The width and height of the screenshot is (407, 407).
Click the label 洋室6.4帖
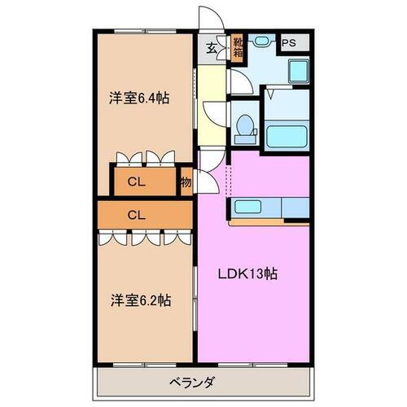(x=140, y=98)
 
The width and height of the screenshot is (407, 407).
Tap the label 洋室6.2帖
(x=140, y=299)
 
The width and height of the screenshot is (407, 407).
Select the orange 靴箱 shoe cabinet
(x=238, y=48)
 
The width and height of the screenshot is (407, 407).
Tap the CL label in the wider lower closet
(x=138, y=215)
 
